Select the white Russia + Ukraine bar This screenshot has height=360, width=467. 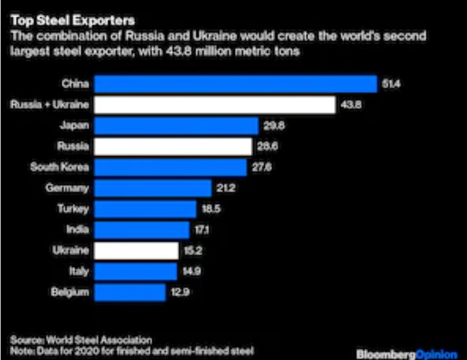215,105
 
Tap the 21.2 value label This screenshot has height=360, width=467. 221,188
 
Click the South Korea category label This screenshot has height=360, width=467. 60,167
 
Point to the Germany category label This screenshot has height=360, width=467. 70,188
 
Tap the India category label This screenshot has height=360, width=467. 78,230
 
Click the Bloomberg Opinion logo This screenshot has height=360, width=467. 407,352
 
